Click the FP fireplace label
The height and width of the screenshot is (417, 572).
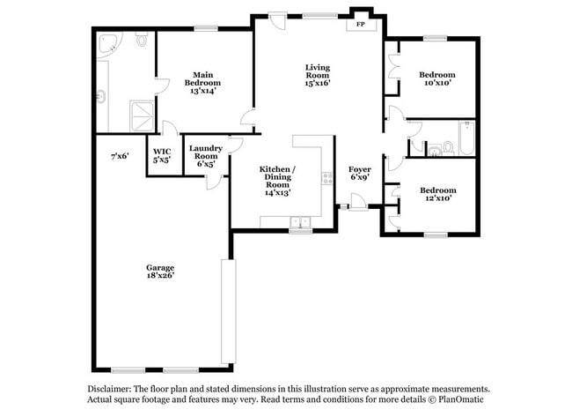360,25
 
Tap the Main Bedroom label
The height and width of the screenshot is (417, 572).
202,82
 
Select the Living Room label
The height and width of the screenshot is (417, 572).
317,75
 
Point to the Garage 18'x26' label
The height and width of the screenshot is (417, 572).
160,271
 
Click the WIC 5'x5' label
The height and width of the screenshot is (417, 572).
161,156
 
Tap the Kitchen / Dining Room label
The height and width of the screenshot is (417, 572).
276,180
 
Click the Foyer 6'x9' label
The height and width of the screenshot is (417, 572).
360,173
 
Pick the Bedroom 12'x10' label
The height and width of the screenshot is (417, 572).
436,194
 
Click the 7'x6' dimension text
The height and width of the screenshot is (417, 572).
120,156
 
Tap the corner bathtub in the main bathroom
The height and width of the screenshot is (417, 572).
108,46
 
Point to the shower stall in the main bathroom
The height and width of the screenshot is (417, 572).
141,114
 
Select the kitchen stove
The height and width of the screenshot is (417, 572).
327,179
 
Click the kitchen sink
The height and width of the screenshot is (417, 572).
301,224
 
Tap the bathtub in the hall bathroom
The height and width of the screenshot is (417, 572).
466,139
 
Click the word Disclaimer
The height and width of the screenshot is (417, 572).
110,389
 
